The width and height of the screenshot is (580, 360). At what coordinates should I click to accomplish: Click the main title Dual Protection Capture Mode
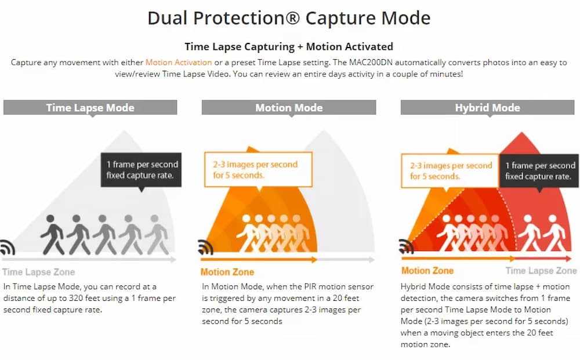coord(289,18)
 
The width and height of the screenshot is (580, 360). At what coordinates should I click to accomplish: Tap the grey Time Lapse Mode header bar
coord(90,107)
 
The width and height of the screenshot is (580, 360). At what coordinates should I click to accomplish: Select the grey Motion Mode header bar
coord(289,107)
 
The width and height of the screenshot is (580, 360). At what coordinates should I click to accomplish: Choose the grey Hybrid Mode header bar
coord(487,107)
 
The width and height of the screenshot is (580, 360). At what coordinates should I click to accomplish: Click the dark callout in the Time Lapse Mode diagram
coord(141,169)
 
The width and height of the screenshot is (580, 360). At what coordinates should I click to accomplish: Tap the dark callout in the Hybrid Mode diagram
coord(539,170)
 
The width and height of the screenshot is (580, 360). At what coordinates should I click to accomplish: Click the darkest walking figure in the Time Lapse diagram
coord(52,235)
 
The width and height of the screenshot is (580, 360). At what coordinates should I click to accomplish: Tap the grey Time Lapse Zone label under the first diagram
coord(38,272)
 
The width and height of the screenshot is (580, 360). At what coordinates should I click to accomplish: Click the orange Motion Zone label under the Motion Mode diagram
coord(227,272)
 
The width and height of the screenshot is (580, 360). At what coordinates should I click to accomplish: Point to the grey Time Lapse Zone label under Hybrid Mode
coord(541,271)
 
